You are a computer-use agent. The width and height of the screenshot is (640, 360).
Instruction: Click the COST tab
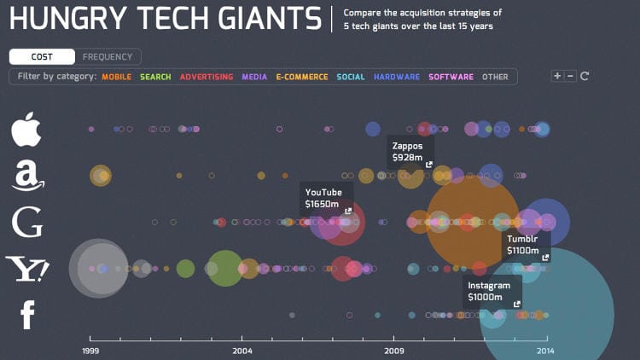click(x=42, y=57)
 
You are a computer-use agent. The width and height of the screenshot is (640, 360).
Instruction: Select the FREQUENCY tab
click(x=108, y=57)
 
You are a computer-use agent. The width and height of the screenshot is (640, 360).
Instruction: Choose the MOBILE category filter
click(x=116, y=77)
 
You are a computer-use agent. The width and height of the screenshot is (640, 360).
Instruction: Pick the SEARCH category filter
click(x=155, y=77)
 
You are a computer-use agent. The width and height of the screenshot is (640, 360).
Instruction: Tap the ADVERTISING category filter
click(x=206, y=77)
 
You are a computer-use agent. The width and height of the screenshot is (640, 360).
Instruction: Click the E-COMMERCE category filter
click(x=301, y=77)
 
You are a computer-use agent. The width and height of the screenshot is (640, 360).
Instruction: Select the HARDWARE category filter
click(x=397, y=77)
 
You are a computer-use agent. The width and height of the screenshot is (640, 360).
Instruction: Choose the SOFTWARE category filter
click(x=451, y=77)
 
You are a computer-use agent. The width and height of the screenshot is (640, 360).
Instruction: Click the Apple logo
click(x=26, y=129)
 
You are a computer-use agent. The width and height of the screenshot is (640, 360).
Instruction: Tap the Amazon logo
click(x=28, y=176)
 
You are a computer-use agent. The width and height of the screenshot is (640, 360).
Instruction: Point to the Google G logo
click(x=27, y=222)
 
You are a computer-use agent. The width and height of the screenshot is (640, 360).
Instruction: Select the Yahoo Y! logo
click(x=27, y=269)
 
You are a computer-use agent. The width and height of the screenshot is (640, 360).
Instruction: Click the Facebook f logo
click(x=27, y=315)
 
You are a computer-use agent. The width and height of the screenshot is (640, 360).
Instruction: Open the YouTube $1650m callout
click(x=326, y=198)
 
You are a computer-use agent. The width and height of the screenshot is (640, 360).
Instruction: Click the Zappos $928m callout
click(x=410, y=152)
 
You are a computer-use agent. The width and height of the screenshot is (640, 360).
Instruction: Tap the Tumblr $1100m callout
click(x=525, y=245)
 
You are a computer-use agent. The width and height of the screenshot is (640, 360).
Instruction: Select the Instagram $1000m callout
click(x=492, y=292)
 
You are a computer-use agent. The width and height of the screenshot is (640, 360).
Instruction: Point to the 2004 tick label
click(x=241, y=350)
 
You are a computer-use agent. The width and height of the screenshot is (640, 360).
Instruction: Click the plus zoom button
click(x=557, y=76)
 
